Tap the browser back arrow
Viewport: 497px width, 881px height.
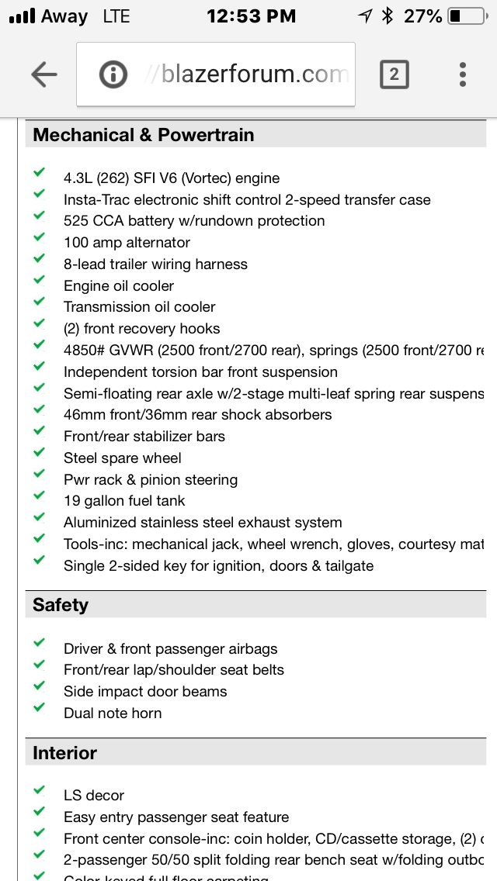pyautogui.click(x=44, y=74)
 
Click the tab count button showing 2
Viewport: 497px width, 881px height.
pyautogui.click(x=394, y=74)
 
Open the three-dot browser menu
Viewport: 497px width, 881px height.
pyautogui.click(x=463, y=74)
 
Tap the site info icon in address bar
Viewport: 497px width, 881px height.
pyautogui.click(x=113, y=74)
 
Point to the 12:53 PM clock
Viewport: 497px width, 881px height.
pyautogui.click(x=251, y=16)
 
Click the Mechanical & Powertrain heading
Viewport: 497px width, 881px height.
pyautogui.click(x=144, y=135)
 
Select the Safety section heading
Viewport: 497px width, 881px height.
pyautogui.click(x=61, y=605)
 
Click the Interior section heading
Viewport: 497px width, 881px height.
pyautogui.click(x=64, y=753)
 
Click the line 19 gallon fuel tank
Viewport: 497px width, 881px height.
pyautogui.click(x=124, y=501)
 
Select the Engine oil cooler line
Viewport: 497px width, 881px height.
pyautogui.click(x=119, y=285)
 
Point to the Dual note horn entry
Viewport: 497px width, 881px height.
pyautogui.click(x=113, y=713)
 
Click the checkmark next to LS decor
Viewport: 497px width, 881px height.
pyautogui.click(x=39, y=791)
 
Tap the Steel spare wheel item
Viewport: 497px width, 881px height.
pyautogui.click(x=123, y=458)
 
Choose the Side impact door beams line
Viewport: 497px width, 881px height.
pyautogui.click(x=145, y=691)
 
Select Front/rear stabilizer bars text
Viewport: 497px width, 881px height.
pyautogui.click(x=144, y=437)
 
